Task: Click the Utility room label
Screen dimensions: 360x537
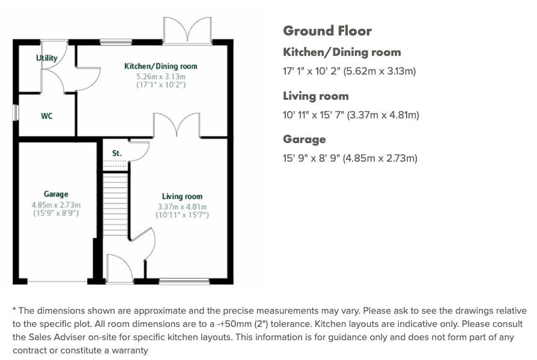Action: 47,58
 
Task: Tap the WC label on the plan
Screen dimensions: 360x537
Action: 47,116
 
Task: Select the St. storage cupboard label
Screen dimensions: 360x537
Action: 117,153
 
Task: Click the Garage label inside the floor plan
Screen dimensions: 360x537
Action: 56,194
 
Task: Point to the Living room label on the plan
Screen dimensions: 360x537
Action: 182,197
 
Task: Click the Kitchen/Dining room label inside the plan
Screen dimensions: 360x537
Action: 160,66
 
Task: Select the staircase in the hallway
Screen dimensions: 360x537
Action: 115,204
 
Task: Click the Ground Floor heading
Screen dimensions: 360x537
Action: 327,31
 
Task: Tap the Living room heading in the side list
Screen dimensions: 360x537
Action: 315,96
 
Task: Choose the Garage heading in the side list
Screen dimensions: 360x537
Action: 305,139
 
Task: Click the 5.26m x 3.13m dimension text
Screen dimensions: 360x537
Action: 160,76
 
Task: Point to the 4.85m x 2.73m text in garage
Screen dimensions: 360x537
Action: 56,204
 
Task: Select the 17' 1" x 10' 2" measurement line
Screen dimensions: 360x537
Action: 349,71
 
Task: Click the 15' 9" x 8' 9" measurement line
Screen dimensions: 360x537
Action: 350,158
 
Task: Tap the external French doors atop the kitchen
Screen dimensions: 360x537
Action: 187,30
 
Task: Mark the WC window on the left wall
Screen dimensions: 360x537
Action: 16,113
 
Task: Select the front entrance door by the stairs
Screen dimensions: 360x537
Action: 119,269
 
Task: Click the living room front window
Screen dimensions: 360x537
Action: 184,281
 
